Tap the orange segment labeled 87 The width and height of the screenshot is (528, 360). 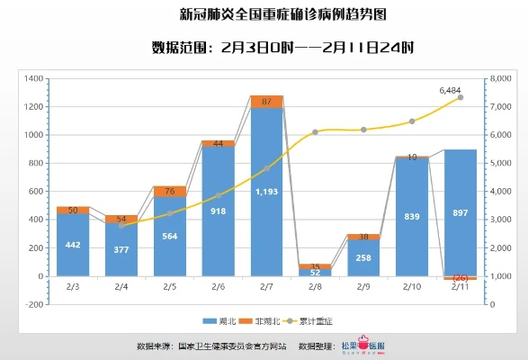pyautogui.click(x=266, y=102)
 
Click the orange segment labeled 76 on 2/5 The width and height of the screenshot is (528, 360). pyautogui.click(x=170, y=191)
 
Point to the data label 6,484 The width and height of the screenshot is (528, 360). pyautogui.click(x=451, y=90)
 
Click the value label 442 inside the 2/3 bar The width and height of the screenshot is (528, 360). pyautogui.click(x=73, y=245)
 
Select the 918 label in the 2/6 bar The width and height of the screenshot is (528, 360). pyautogui.click(x=218, y=211)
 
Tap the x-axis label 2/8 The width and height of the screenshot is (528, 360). pyautogui.click(x=315, y=286)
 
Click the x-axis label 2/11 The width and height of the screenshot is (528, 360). pyautogui.click(x=460, y=286)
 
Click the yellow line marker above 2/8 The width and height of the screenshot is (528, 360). pyautogui.click(x=315, y=132)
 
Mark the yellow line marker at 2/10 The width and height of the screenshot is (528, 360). pyautogui.click(x=411, y=121)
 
